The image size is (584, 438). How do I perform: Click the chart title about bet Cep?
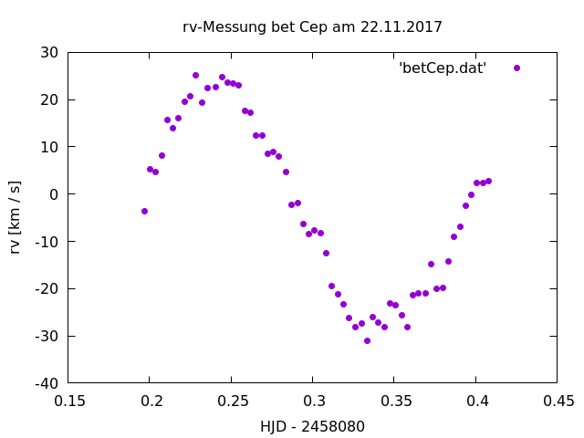(313, 27)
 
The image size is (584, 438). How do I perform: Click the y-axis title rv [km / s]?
(16, 217)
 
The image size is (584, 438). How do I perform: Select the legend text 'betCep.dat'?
(443, 68)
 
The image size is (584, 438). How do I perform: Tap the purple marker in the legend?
(516, 68)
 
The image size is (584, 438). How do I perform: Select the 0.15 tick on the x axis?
(68, 400)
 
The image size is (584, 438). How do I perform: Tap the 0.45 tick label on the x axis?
(558, 400)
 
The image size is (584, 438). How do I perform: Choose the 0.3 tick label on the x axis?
(313, 400)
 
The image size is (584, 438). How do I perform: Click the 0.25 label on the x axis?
(232, 400)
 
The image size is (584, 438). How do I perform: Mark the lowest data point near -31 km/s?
(367, 340)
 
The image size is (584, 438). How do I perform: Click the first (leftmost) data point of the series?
(144, 211)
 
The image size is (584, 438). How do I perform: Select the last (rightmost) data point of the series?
(488, 181)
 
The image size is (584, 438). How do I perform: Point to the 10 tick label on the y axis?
(51, 147)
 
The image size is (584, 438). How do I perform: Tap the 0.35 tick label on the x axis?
(394, 400)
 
